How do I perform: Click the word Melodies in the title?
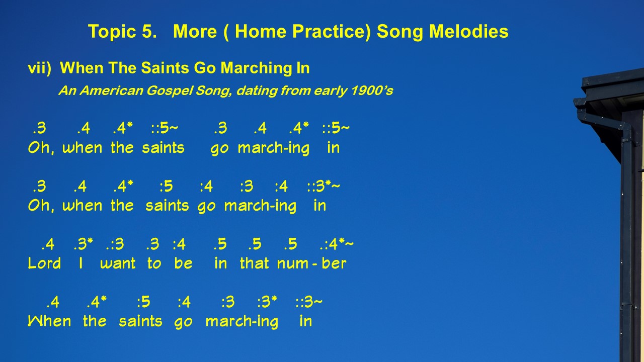pos(469,31)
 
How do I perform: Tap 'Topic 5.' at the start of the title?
pos(122,32)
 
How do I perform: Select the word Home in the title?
pos(261,31)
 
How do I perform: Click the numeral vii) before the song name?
pos(39,68)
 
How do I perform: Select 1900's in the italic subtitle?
pos(372,91)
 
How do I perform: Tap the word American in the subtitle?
pos(112,91)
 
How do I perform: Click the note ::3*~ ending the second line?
pos(324,186)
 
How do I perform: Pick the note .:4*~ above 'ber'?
pos(337,244)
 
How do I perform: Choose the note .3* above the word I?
pos(84,244)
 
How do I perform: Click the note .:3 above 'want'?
pos(115,244)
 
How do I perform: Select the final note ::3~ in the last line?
pos(309,302)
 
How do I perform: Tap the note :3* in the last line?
pos(267,302)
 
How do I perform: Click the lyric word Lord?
pos(45,263)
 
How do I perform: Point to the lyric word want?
pos(118,263)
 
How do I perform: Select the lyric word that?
pos(255,263)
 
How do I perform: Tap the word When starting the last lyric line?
pos(49,321)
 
